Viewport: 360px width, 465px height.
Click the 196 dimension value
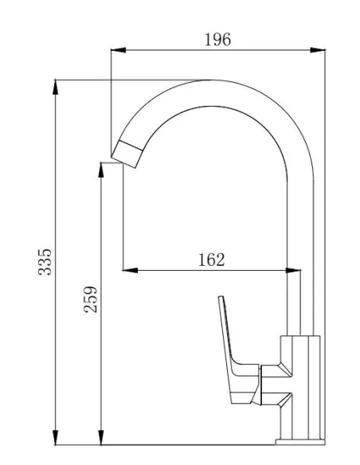click(217, 39)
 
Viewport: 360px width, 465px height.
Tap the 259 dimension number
click(91, 299)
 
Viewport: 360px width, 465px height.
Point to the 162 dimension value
click(211, 259)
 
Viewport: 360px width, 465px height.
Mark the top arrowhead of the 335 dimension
click(56, 86)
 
